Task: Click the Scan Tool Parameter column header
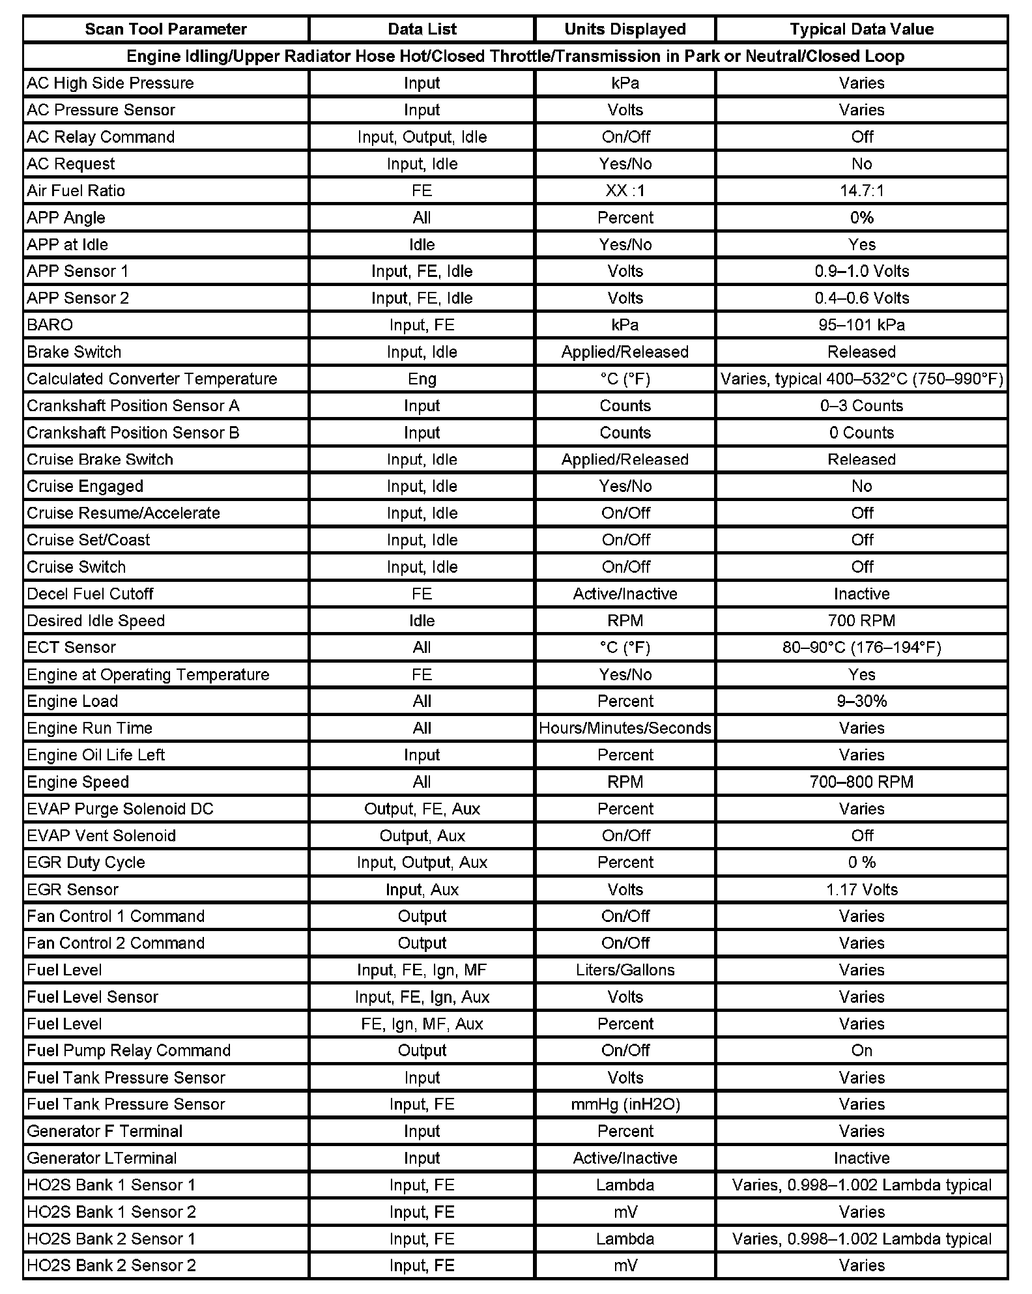tap(165, 29)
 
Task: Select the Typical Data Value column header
tap(861, 29)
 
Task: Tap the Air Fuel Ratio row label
tap(76, 191)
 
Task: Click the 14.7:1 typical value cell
tap(861, 191)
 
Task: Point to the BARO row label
tap(50, 325)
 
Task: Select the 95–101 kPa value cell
tap(861, 325)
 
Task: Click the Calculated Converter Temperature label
tap(152, 379)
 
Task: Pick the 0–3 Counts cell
tap(861, 406)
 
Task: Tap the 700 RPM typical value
tap(861, 621)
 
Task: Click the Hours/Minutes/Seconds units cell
tap(625, 728)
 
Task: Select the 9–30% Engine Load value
tap(861, 702)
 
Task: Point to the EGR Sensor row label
tap(73, 890)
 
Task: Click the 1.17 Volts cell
tap(861, 890)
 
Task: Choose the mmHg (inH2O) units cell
tap(625, 1104)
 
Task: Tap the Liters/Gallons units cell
tap(625, 970)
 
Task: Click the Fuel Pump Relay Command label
tap(129, 1051)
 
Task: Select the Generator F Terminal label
tap(105, 1132)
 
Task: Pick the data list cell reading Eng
tap(422, 379)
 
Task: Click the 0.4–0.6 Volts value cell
tap(861, 298)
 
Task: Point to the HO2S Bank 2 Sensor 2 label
tap(111, 1266)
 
